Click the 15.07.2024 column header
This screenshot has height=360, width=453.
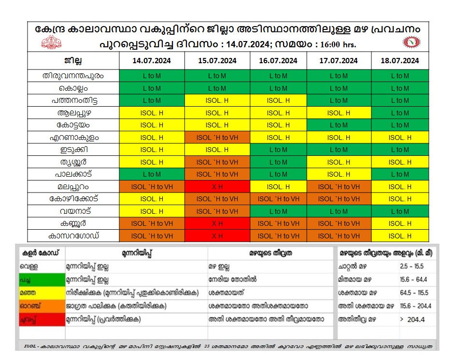coord(217,61)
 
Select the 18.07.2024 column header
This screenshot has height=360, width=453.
coord(399,61)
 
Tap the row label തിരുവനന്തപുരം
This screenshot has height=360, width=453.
coord(73,76)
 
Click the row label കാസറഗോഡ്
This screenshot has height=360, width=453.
coord(73,235)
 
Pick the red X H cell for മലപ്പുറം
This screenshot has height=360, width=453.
coord(217,186)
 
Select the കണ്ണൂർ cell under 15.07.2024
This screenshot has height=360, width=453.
coord(217,223)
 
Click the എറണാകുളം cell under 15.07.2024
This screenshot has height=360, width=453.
coord(217,138)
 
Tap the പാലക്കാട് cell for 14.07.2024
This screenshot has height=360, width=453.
coord(152,174)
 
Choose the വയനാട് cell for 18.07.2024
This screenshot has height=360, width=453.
coord(399,211)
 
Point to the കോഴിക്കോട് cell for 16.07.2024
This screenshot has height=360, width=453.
coord(278,199)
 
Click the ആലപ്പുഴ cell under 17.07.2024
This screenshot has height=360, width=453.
coord(339,113)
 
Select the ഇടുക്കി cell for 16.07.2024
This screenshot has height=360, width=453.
coord(278,150)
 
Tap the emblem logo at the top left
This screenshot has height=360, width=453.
coord(52,43)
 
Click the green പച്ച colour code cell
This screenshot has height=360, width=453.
coord(42,280)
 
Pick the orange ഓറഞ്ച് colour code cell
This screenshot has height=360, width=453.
coord(42,306)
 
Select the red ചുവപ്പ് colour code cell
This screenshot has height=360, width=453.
coord(42,319)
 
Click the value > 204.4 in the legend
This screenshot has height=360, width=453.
coord(410,319)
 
